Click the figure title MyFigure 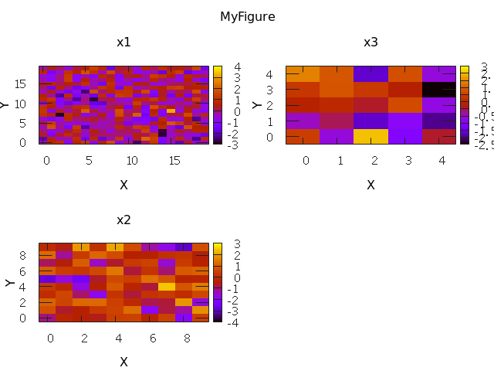(247, 16)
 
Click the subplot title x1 (123, 42)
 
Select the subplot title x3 (370, 42)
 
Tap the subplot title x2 (123, 220)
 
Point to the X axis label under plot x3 (370, 185)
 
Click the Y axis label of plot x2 (10, 282)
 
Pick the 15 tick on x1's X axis (174, 160)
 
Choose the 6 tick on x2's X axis (153, 338)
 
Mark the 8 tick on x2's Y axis (24, 254)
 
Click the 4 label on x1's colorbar (238, 66)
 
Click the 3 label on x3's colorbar (484, 66)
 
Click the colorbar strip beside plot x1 (218, 105)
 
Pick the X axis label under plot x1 (123, 185)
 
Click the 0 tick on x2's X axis (51, 338)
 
